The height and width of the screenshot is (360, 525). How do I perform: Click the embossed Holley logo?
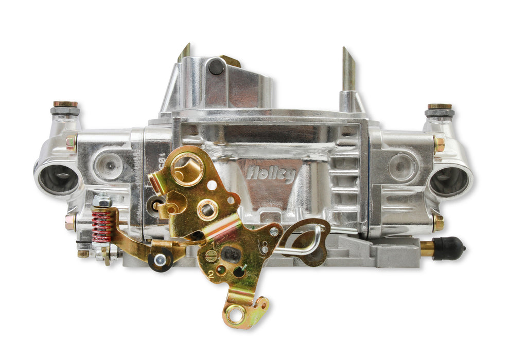point(271,173)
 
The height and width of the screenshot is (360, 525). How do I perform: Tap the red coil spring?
point(102,226)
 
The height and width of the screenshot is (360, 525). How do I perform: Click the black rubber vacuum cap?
point(449,248)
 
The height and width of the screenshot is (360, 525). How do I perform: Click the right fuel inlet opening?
point(449,181)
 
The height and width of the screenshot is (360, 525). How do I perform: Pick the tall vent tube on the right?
point(349,72)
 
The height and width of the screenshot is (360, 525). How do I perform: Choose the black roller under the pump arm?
point(160,261)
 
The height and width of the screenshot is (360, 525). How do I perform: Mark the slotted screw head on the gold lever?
point(211,256)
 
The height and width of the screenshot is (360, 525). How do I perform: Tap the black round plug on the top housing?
point(216,67)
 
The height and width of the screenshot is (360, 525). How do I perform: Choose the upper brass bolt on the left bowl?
point(71,142)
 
